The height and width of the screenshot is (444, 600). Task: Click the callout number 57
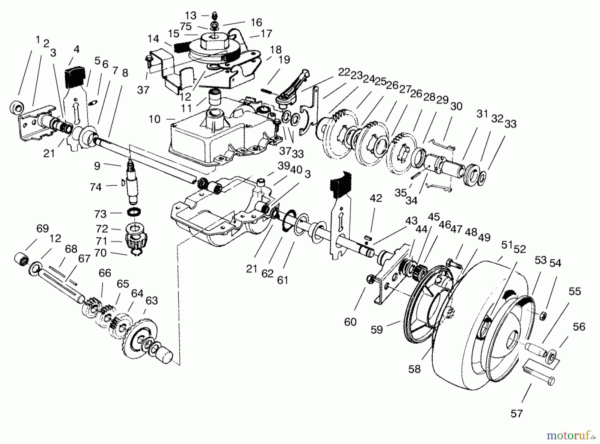[x=516, y=414]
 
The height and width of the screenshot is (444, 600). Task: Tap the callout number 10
[x=155, y=119]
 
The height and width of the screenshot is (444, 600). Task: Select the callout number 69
[x=42, y=229]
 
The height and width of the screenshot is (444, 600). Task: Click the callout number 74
[x=95, y=187]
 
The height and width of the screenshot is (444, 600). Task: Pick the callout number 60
[x=350, y=322]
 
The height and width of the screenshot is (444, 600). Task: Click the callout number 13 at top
[x=191, y=15]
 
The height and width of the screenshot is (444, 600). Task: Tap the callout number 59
[x=377, y=330]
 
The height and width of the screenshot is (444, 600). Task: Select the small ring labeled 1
[x=16, y=107]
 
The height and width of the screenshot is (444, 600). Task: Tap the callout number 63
[x=152, y=301]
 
